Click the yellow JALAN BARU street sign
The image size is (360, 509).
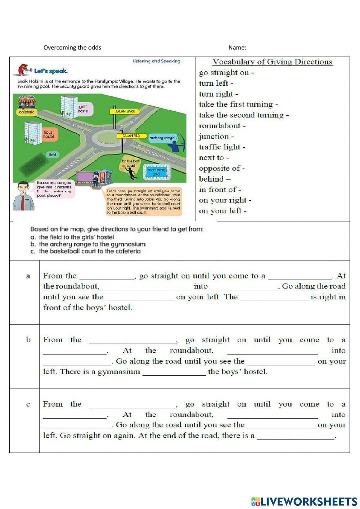(125, 112)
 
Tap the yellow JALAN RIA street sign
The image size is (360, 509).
(132, 136)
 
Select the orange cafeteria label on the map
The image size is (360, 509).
(26, 112)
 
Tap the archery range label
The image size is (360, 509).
(162, 138)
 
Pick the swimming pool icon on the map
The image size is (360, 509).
(156, 172)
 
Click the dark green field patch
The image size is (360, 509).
(32, 163)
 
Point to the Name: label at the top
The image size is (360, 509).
(237, 48)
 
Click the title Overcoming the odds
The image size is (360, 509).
(72, 48)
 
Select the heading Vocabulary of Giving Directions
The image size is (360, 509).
(272, 62)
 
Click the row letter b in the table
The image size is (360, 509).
(28, 340)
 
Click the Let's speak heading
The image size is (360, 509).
(50, 71)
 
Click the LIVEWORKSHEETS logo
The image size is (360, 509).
(304, 501)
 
